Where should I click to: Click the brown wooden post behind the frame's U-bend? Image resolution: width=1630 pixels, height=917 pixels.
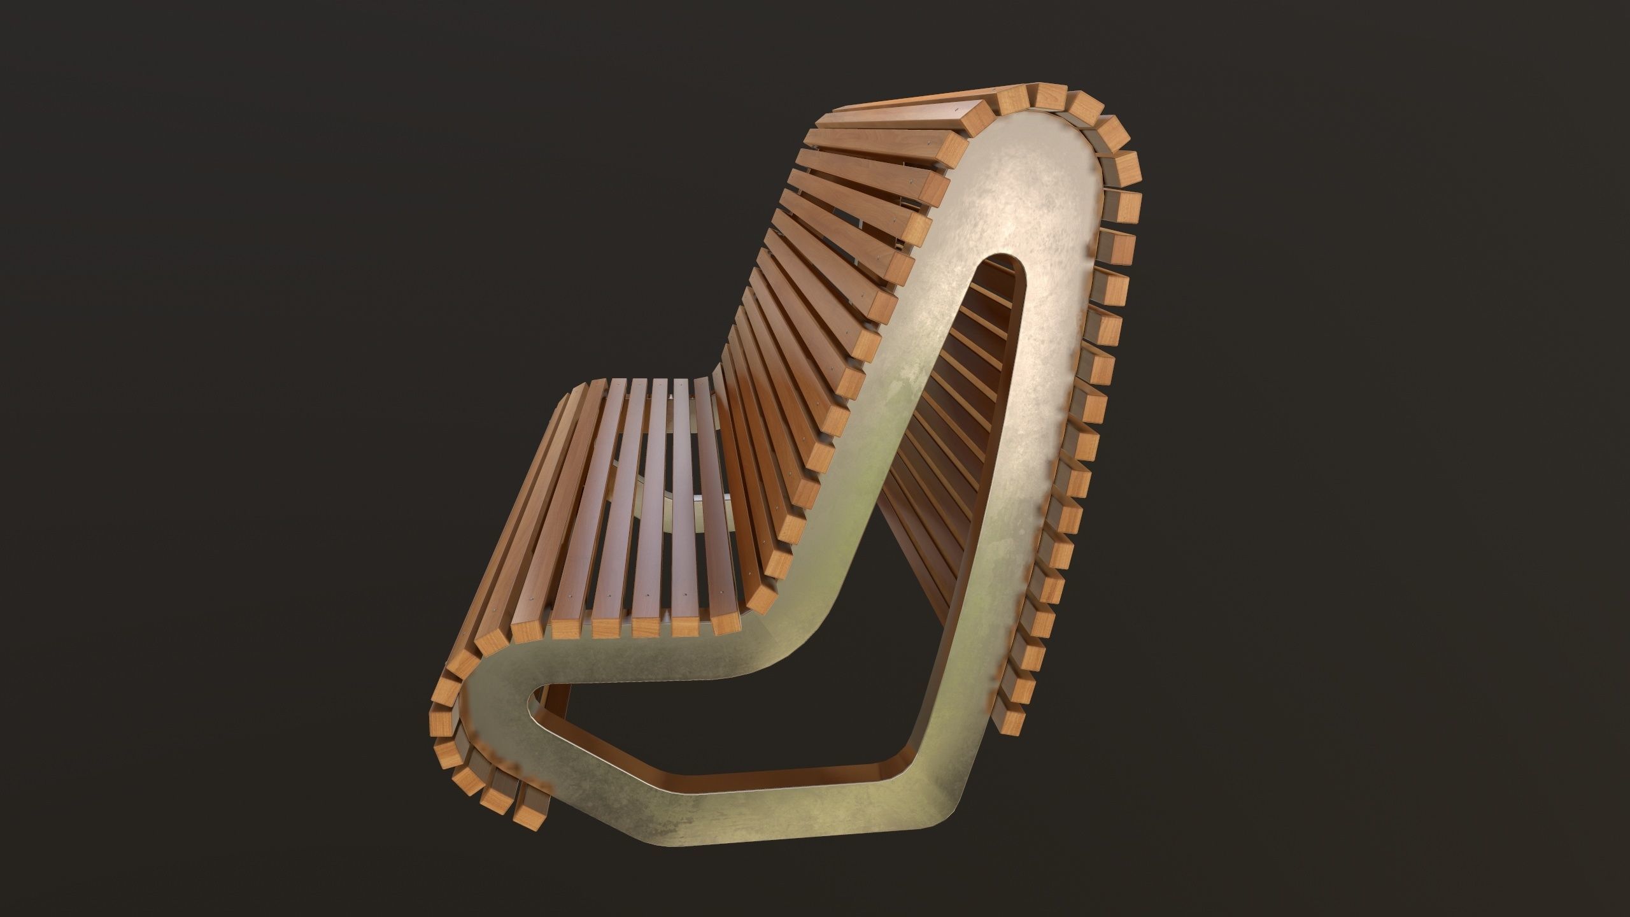coord(557,700)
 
